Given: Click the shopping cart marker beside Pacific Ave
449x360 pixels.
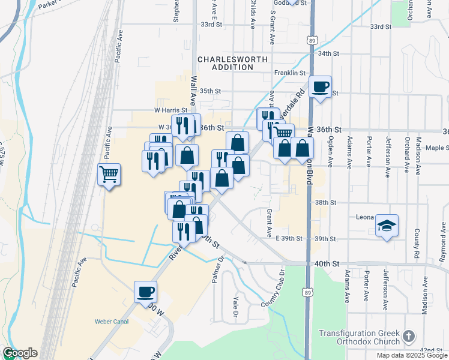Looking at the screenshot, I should pos(109,175).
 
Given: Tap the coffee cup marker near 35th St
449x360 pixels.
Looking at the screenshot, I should pos(321,87).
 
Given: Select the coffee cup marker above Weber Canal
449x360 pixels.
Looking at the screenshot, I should pos(145,292).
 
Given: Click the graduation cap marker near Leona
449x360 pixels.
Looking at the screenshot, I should pos(387,226).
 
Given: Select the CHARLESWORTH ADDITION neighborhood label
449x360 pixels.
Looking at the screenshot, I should pos(225,63).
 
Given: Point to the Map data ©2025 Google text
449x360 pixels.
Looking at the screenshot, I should pos(411,355).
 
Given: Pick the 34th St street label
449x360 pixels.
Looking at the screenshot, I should pos(330,53).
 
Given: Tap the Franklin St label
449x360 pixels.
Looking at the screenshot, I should pos(290,73).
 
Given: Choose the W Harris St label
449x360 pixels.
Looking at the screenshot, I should pos(171,110).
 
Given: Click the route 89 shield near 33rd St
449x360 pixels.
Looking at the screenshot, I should pos(311,40).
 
